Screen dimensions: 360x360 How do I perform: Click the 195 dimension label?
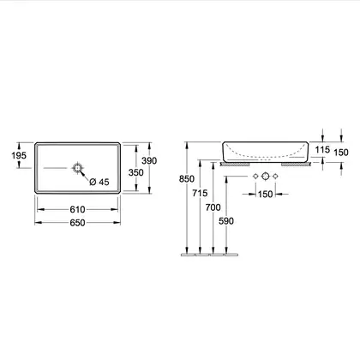coord(19,155)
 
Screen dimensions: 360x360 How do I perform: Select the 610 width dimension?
coord(77,209)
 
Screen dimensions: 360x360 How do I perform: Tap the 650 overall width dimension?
coord(77,223)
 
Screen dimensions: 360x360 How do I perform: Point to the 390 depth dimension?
coord(149,161)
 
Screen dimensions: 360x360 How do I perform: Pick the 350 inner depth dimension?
coord(136,172)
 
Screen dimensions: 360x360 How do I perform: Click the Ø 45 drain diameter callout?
coord(99,182)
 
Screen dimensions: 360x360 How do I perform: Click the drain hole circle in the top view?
coord(78,168)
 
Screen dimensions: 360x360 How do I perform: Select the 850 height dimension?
coord(187,179)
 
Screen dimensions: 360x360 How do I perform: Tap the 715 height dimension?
coord(200,193)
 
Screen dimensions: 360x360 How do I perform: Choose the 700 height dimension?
coord(213,207)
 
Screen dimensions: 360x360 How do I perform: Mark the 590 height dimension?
coord(226,221)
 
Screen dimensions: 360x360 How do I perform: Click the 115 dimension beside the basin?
coord(322,149)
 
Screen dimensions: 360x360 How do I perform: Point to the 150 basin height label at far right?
coord(341,153)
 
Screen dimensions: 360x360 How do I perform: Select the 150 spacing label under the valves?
coord(266,195)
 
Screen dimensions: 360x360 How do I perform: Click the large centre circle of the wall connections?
coord(266,176)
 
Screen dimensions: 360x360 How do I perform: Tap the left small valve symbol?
coord(256,177)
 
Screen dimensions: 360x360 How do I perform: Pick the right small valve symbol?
coord(275,177)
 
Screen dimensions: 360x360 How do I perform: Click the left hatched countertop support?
coord(235,165)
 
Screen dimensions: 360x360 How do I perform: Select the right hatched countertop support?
coord(296,165)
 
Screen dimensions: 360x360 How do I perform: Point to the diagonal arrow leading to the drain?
coord(84,175)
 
